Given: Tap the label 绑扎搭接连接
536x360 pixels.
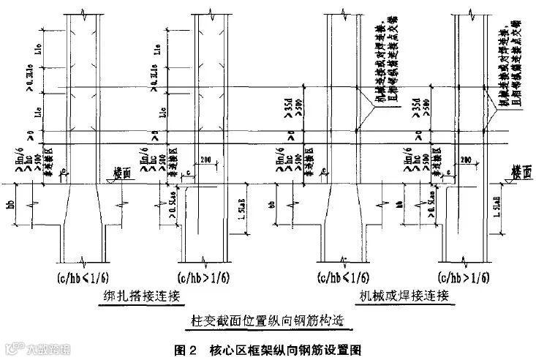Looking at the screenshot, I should [143, 296].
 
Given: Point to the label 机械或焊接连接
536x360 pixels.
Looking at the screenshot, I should [402, 296].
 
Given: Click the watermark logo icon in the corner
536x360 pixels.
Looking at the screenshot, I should [12, 345].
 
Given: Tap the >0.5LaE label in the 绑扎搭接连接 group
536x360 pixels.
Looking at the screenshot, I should [174, 206].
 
